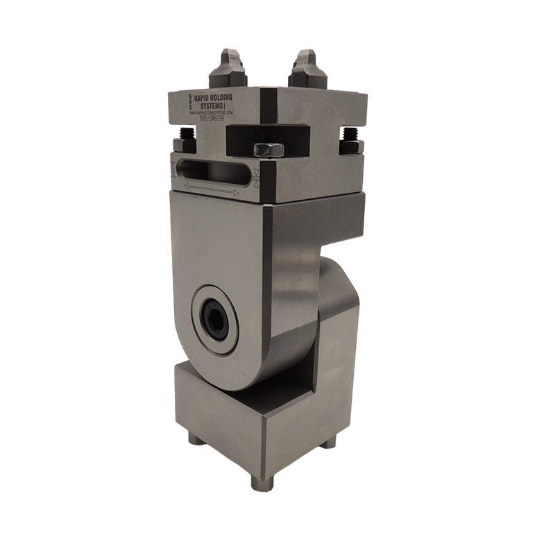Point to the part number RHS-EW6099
click(212, 119)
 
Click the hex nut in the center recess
click(268, 149)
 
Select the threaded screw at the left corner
click(186, 139)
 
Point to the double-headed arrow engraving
click(212, 189)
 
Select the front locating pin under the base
click(262, 482)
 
